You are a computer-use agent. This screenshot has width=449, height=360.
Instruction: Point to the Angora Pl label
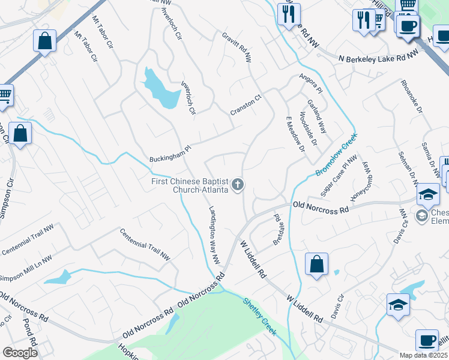(x=311, y=84)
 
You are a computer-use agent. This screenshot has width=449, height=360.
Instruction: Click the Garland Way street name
(x=316, y=116)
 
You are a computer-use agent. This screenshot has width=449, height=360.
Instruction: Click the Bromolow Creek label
(x=337, y=155)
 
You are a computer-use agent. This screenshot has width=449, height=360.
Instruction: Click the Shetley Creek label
(x=260, y=316)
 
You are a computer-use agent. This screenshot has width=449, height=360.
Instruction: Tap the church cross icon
(x=238, y=185)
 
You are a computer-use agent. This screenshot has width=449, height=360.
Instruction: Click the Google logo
(x=20, y=353)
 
